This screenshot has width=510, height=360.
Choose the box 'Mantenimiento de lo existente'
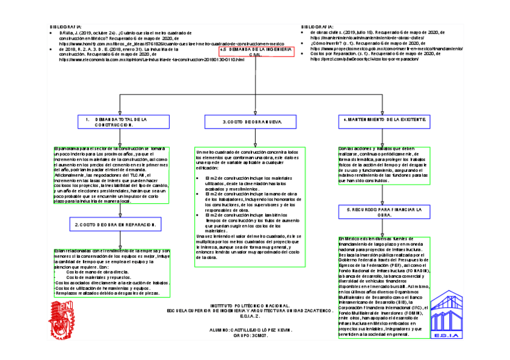[384, 120]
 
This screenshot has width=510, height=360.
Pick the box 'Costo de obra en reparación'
[118, 224]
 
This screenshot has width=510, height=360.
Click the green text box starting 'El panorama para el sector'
[111, 175]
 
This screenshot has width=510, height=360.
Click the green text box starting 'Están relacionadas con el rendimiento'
[111, 272]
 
